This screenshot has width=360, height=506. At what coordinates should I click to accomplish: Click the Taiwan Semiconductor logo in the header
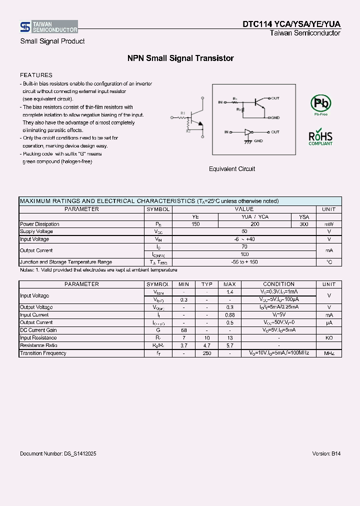point(48,26)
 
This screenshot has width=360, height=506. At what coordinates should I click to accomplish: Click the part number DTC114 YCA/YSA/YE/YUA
point(291,24)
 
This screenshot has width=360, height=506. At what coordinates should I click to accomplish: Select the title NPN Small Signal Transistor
point(180,58)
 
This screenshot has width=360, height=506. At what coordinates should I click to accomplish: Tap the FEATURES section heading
point(36,75)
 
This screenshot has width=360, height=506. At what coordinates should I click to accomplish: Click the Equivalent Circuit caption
point(231,169)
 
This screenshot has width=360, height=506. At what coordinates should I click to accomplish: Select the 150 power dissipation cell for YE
point(195,224)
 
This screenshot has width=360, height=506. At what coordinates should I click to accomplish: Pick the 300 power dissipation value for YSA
point(304,224)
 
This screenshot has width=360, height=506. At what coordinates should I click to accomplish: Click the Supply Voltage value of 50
point(244,231)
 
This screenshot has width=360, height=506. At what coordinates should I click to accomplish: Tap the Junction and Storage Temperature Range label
point(65,262)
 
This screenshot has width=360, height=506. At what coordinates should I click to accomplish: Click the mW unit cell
point(328,224)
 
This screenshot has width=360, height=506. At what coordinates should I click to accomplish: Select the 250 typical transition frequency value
point(206,353)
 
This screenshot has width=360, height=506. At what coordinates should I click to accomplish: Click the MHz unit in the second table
point(328,353)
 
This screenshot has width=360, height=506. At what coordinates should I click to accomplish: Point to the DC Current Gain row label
point(38,330)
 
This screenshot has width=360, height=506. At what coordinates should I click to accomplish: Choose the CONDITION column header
point(278,284)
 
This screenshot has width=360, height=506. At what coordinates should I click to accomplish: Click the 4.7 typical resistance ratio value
point(206,345)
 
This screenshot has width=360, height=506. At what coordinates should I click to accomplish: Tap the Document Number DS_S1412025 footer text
point(58,453)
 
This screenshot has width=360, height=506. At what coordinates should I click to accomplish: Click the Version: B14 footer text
point(326,453)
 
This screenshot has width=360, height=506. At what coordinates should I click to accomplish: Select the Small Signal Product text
point(52,41)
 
